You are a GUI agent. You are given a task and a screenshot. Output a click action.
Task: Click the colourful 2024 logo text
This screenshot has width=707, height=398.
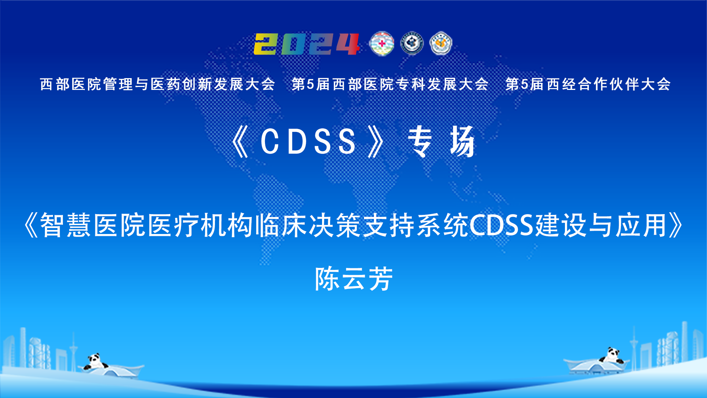pyautogui.click(x=307, y=44)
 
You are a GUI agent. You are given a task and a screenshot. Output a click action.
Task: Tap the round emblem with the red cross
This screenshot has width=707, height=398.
pyautogui.click(x=382, y=44)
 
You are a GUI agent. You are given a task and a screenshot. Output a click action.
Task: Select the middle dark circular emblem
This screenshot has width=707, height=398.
pyautogui.click(x=412, y=43)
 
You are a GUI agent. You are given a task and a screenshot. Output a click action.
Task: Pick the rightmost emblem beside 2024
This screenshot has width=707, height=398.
pyautogui.click(x=441, y=43)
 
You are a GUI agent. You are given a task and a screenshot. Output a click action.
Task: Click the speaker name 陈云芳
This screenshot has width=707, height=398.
pyautogui.click(x=354, y=279)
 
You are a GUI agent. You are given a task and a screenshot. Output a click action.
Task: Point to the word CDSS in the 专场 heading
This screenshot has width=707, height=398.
pyautogui.click(x=308, y=142)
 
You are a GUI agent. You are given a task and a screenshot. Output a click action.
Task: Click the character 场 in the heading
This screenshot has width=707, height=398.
pyautogui.click(x=462, y=142)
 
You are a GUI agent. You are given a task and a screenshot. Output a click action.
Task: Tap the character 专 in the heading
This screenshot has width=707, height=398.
pyautogui.click(x=420, y=142)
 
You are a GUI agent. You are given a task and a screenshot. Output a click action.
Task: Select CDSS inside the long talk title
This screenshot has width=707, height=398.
pyautogui.click(x=501, y=225)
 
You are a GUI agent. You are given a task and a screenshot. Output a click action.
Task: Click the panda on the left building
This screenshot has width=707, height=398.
pyautogui.click(x=95, y=362)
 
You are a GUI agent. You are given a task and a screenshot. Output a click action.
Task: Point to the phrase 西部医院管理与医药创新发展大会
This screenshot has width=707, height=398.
pyautogui.click(x=158, y=84)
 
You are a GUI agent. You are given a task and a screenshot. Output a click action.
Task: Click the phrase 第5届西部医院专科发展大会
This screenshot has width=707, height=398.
pyautogui.click(x=390, y=84)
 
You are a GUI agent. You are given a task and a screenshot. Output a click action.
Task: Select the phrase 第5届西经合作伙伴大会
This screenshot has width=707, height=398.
pyautogui.click(x=588, y=84)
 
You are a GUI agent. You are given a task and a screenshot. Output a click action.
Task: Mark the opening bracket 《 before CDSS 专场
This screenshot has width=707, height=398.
pyautogui.click(x=240, y=142)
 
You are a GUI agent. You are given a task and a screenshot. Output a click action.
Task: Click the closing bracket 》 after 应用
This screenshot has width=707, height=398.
pyautogui.click(x=676, y=225)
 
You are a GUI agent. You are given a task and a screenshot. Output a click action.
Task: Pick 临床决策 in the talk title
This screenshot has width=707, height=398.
pyautogui.click(x=307, y=225)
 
